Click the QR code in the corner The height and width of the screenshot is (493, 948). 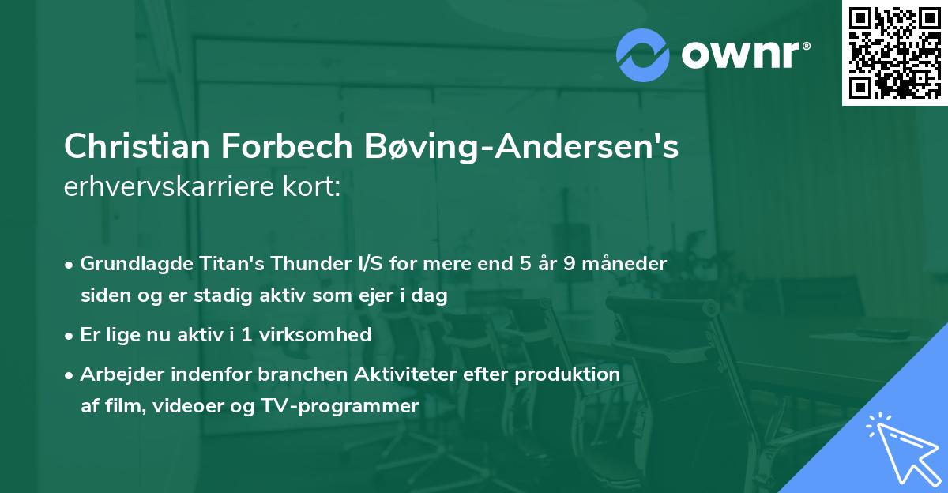pyautogui.click(x=895, y=52)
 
